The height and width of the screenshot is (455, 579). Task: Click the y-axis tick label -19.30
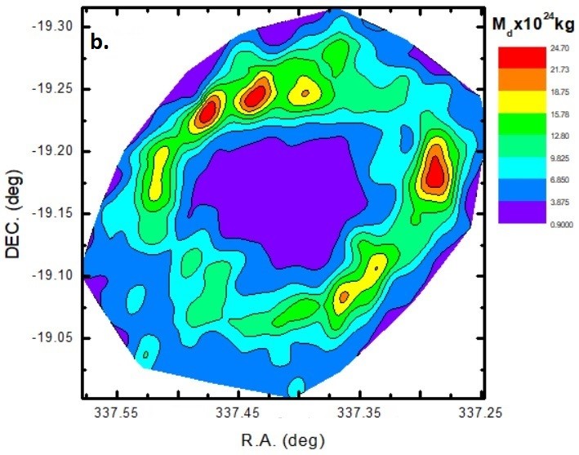pyautogui.click(x=54, y=27)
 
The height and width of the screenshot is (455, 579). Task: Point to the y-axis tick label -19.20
pyautogui.click(x=54, y=152)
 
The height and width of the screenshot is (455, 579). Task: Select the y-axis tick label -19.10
pyautogui.click(x=54, y=276)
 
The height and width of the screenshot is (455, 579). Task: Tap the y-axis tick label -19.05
pyautogui.click(x=54, y=338)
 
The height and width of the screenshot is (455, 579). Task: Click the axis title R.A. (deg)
pyautogui.click(x=282, y=439)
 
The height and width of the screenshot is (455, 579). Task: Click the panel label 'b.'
pyautogui.click(x=100, y=43)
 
